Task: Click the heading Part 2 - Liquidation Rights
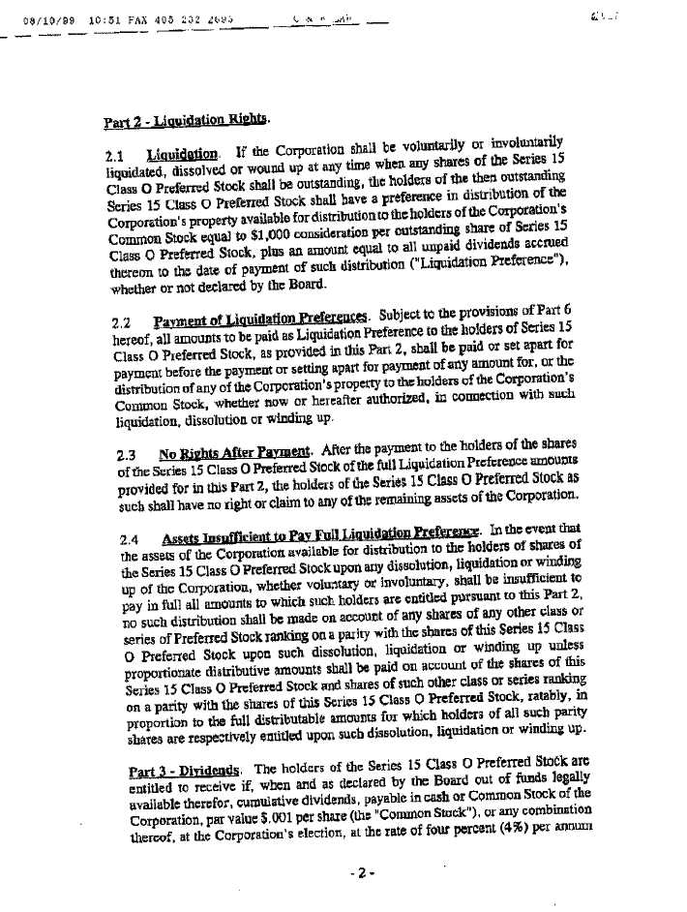pos(185,122)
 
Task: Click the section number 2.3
pos(126,453)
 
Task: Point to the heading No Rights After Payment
pos(234,451)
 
